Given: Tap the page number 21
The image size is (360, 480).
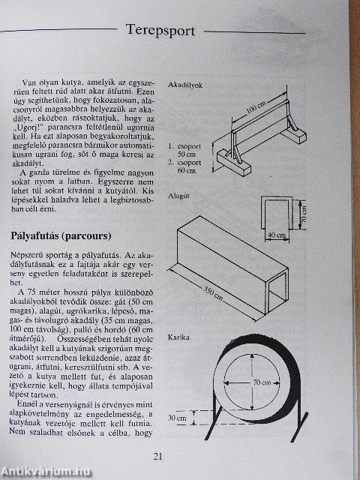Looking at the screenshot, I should (157, 456).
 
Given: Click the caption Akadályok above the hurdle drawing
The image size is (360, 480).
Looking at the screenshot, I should (186, 85).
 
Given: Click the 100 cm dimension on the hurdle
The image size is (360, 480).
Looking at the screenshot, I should (256, 115).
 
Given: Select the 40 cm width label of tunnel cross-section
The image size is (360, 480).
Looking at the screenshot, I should (276, 235).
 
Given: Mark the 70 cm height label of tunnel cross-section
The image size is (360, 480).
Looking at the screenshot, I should (304, 217).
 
